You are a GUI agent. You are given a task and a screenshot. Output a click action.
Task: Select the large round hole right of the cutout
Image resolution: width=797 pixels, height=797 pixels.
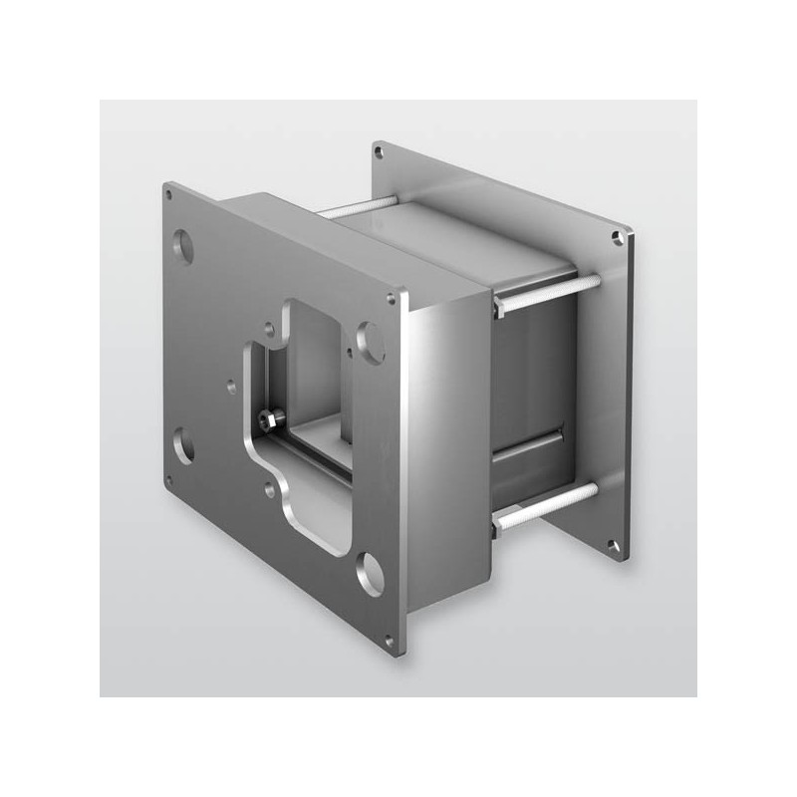(372, 341)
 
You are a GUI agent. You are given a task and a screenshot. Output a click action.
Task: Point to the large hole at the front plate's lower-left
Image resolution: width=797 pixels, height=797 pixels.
(183, 444)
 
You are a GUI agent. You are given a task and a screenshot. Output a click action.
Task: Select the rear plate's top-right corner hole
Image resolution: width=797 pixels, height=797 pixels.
(618, 237)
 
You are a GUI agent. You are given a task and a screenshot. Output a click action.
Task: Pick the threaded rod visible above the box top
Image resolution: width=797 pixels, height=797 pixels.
(355, 208)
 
